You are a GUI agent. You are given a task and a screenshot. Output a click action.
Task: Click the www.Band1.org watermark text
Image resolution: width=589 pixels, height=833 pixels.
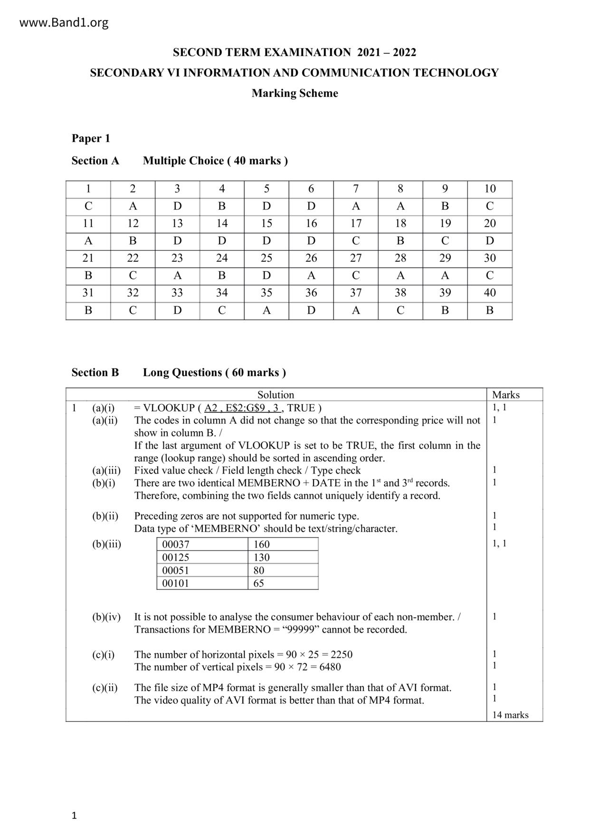64,22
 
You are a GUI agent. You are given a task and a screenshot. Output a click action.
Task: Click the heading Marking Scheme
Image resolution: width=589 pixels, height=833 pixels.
294,93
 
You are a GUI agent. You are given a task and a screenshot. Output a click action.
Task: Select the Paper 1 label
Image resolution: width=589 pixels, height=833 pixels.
91,138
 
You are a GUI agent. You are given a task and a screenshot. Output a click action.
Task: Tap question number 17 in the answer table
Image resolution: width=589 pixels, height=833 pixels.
356,223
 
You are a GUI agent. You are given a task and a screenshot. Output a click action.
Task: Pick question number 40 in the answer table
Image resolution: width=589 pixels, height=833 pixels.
490,293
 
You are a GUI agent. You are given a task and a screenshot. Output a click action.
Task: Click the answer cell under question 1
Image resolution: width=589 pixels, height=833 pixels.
88,206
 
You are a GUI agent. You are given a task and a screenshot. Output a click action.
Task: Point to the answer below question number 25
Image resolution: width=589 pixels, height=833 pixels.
266,275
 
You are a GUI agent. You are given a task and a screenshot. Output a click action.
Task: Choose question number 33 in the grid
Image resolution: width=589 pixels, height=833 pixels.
177,293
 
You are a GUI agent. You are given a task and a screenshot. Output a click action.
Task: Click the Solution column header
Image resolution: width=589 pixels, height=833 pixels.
275,395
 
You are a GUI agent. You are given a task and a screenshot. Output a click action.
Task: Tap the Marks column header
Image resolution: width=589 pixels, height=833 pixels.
506,395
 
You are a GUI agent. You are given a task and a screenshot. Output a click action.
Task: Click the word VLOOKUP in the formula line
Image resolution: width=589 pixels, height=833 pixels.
169,408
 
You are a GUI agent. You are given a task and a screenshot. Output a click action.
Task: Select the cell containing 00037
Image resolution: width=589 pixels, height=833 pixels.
176,544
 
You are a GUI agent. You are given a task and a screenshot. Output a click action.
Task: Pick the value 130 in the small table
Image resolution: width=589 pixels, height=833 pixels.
262,557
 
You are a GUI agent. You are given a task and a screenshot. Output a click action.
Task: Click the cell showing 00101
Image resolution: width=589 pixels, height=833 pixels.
176,583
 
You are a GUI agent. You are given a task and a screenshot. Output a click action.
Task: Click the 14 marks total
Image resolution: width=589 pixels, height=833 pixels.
510,715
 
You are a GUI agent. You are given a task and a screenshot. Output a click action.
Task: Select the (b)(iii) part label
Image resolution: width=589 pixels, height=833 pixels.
107,544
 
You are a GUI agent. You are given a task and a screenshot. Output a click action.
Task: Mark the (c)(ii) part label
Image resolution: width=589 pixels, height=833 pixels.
105,688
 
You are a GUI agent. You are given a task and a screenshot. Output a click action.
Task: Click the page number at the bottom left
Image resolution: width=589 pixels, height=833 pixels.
74,816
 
